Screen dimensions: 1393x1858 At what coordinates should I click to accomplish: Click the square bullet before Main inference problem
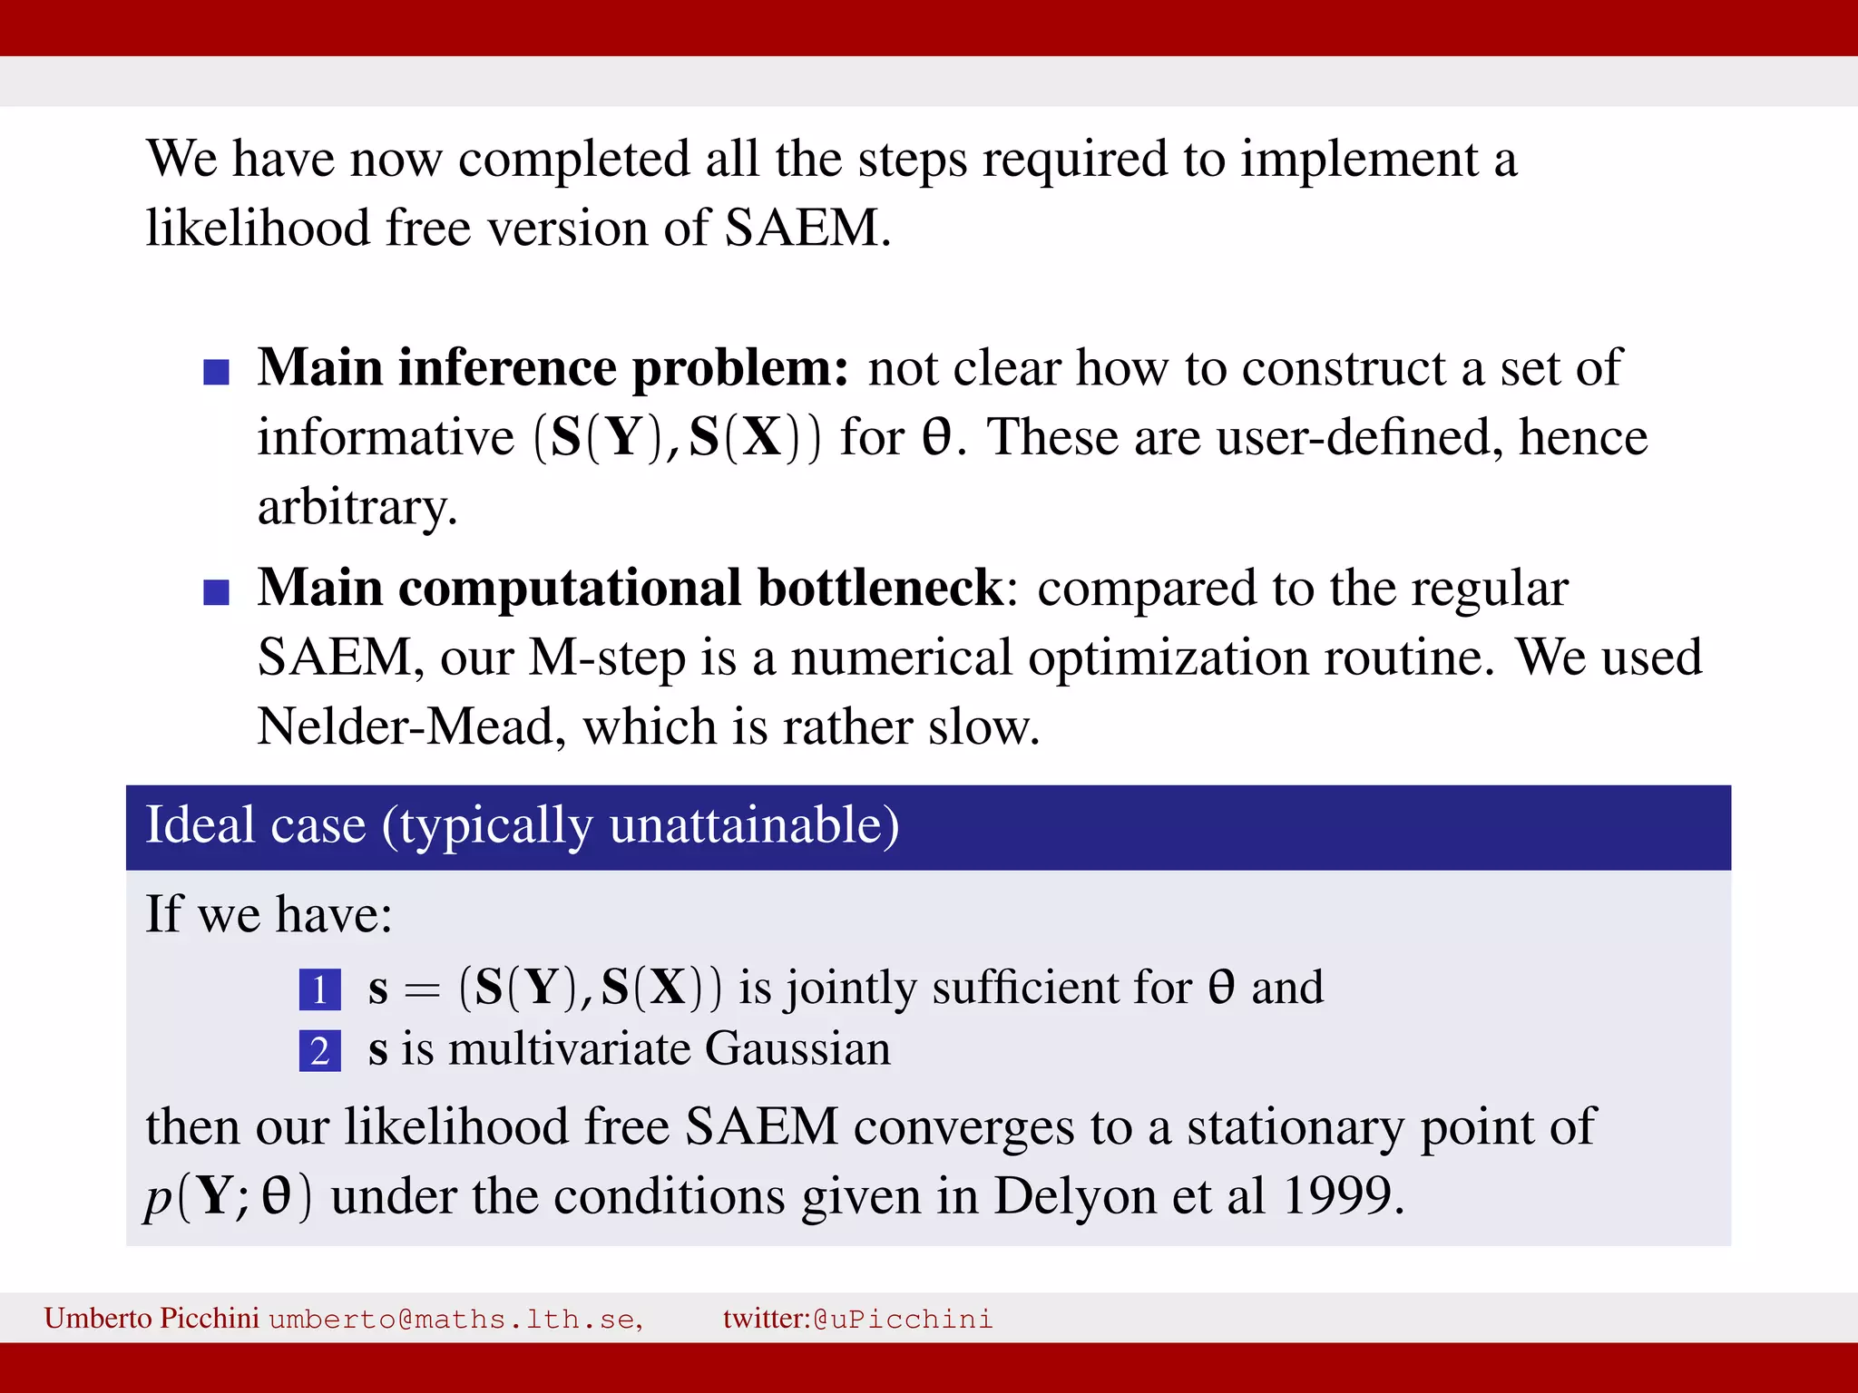coord(216,372)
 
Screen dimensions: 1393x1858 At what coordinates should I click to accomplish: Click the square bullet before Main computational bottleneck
coord(216,592)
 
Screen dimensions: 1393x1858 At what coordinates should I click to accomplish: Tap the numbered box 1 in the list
coord(319,989)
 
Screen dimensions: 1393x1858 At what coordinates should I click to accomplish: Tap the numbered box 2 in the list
coord(319,1051)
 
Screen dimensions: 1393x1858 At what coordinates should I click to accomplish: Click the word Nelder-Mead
coord(405,726)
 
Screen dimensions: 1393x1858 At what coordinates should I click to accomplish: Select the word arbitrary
coord(357,508)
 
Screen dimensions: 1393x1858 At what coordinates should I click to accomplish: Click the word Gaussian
coord(797,1049)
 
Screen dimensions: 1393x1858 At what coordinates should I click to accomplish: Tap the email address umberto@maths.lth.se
coord(455,1319)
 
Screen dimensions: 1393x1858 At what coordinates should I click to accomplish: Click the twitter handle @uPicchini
coord(903,1319)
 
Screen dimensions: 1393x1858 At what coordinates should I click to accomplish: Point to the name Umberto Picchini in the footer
coord(152,1318)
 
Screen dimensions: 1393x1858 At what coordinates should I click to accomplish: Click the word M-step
coord(607,658)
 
